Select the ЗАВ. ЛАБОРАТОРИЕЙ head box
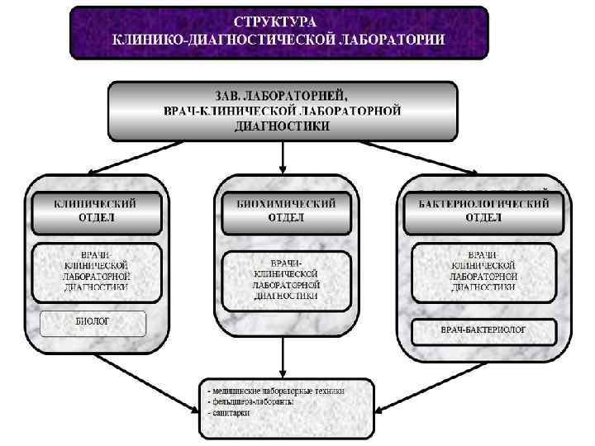pos(283,110)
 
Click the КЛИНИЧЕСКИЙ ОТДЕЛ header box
pos(96,211)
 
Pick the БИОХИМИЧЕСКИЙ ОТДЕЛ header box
pos(285,211)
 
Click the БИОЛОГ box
pos(93,322)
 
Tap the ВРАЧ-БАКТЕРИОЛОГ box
pos(483,331)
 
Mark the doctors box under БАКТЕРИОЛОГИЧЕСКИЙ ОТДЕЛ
pos(483,272)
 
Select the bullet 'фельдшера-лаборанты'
pos(251,401)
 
